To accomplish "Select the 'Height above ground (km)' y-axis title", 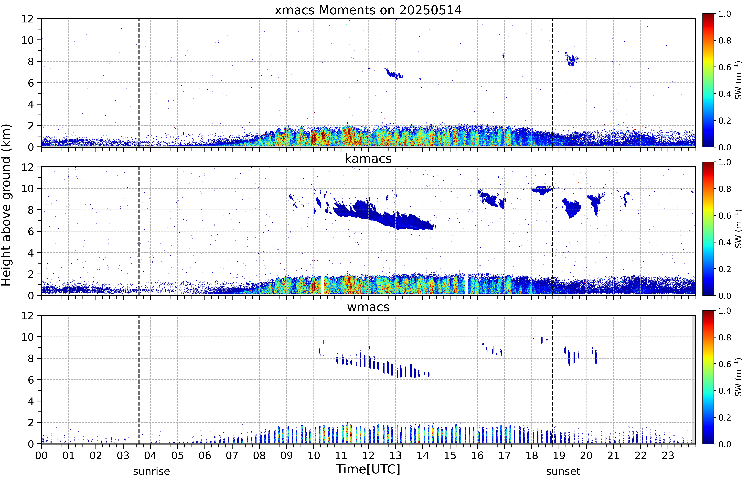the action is point(6,205).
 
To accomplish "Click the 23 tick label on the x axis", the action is point(668,455).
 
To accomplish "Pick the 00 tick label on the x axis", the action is point(41,455).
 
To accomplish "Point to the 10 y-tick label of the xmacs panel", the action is point(28,40).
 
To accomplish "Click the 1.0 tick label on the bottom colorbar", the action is point(725,311).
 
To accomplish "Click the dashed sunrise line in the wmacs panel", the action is point(139,380).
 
